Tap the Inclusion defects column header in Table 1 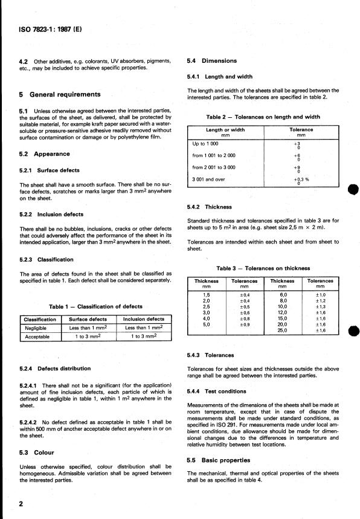144,319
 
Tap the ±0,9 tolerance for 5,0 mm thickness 245,324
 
